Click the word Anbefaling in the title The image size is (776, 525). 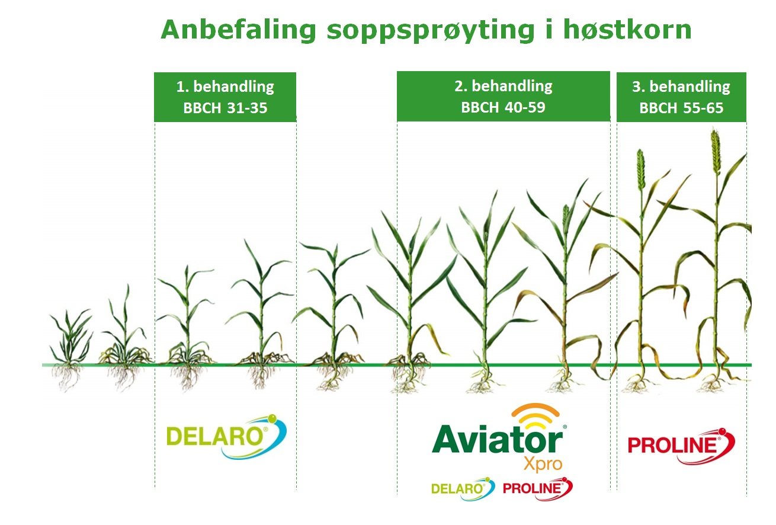click(x=238, y=30)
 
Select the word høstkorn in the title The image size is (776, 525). click(x=627, y=29)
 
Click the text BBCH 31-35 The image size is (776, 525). click(x=225, y=108)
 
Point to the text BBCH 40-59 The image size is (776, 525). click(x=503, y=107)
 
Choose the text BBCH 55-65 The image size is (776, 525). click(x=681, y=108)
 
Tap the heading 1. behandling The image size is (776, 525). click(x=225, y=87)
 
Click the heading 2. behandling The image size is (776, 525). click(x=504, y=86)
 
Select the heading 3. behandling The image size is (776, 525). click(x=681, y=87)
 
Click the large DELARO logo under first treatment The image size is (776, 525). click(x=226, y=436)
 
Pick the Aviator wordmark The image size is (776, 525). click(x=498, y=438)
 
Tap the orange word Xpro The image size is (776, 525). click(x=543, y=463)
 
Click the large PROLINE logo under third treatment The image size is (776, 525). click(x=681, y=446)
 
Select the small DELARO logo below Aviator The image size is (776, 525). click(x=463, y=489)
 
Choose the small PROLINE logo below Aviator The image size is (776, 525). click(x=538, y=489)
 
